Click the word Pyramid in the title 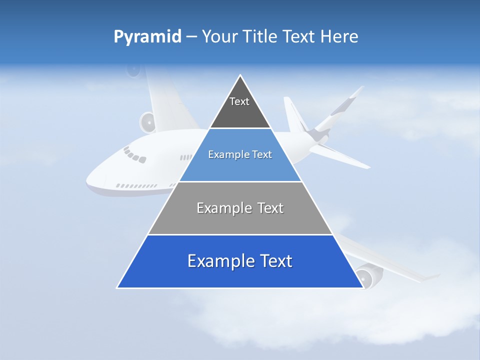pyautogui.click(x=147, y=36)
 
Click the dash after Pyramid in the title pyautogui.click(x=191, y=37)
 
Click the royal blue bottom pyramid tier pyautogui.click(x=240, y=272)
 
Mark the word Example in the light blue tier pyautogui.click(x=227, y=154)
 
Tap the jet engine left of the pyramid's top pyautogui.click(x=148, y=122)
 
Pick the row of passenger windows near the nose pyautogui.click(x=136, y=186)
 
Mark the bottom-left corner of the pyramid pyautogui.click(x=117, y=287)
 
